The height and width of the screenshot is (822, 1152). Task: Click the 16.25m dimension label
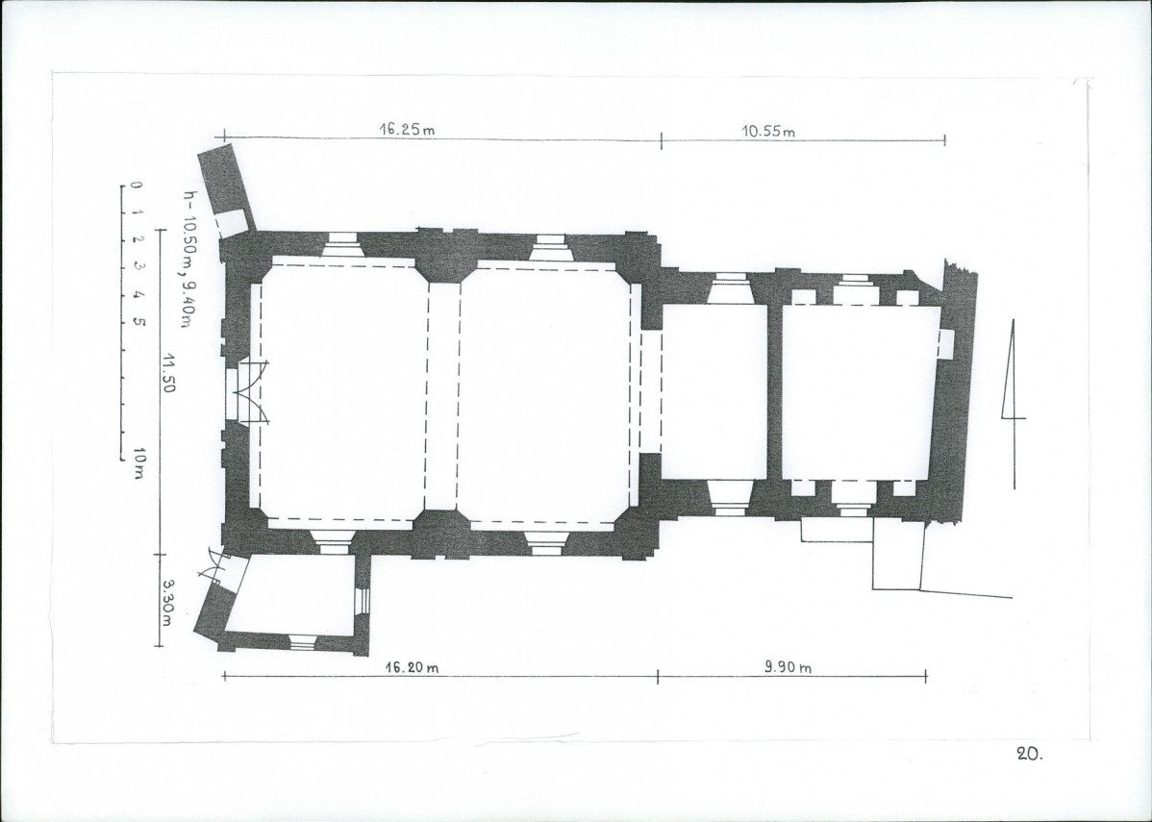click(x=407, y=129)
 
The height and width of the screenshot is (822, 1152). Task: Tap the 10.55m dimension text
click(x=767, y=132)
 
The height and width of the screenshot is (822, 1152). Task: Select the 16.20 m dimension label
click(x=413, y=667)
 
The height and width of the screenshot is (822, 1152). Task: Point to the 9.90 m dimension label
click(x=788, y=667)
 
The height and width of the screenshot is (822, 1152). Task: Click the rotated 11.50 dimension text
click(x=169, y=372)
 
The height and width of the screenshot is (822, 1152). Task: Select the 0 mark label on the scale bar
click(x=136, y=186)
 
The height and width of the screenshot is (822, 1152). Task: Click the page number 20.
click(x=1029, y=753)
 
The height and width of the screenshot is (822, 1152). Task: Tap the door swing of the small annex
click(x=217, y=565)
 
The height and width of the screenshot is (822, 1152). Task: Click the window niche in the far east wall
click(x=946, y=343)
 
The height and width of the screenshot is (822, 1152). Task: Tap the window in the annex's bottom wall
click(x=302, y=641)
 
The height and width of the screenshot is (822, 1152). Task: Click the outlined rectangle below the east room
click(x=898, y=554)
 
